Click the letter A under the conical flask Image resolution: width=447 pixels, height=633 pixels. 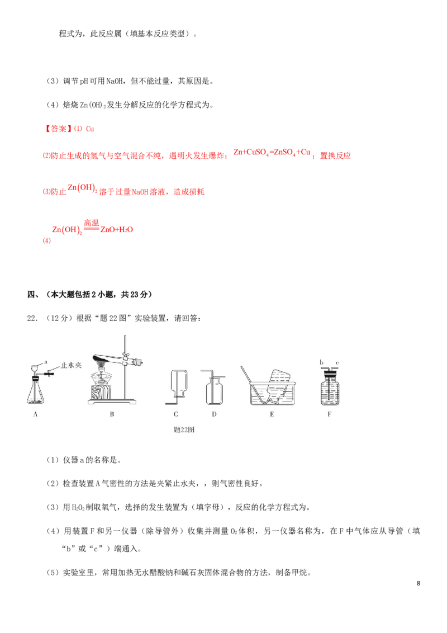point(36,414)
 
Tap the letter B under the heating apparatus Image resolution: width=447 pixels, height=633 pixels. point(112,414)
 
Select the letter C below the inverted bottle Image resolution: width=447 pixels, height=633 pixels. point(175,414)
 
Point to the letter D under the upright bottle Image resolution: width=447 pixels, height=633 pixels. point(214,414)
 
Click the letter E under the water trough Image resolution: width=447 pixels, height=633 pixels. point(272,414)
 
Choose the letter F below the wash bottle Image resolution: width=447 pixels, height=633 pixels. point(330,414)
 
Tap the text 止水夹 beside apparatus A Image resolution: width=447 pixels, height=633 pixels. point(71,367)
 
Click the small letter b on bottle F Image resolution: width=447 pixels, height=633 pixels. point(322,362)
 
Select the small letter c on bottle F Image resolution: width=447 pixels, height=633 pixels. point(337,362)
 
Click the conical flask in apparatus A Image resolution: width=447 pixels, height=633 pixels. point(37,393)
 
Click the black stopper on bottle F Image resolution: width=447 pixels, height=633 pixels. point(330,370)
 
